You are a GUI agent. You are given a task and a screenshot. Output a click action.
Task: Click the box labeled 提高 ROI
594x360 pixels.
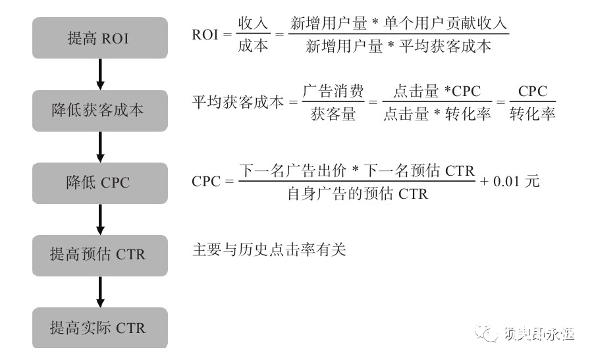[x=99, y=39]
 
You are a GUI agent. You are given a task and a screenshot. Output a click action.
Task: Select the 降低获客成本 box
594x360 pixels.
[x=99, y=111]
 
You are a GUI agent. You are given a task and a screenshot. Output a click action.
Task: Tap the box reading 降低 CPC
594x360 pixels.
[x=99, y=182]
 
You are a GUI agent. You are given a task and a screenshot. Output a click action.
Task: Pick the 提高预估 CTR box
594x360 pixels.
[x=99, y=255]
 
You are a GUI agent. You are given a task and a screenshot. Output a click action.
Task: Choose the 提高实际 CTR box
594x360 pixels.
[x=99, y=327]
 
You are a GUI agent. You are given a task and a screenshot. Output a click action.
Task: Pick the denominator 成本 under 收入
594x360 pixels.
[x=253, y=47]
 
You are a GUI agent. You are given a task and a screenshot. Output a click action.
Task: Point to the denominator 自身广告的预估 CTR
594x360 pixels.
[x=358, y=193]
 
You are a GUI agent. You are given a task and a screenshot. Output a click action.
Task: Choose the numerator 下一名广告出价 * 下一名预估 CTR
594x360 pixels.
[x=357, y=170]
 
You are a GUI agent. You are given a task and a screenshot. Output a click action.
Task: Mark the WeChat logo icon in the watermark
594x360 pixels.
[x=489, y=334]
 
